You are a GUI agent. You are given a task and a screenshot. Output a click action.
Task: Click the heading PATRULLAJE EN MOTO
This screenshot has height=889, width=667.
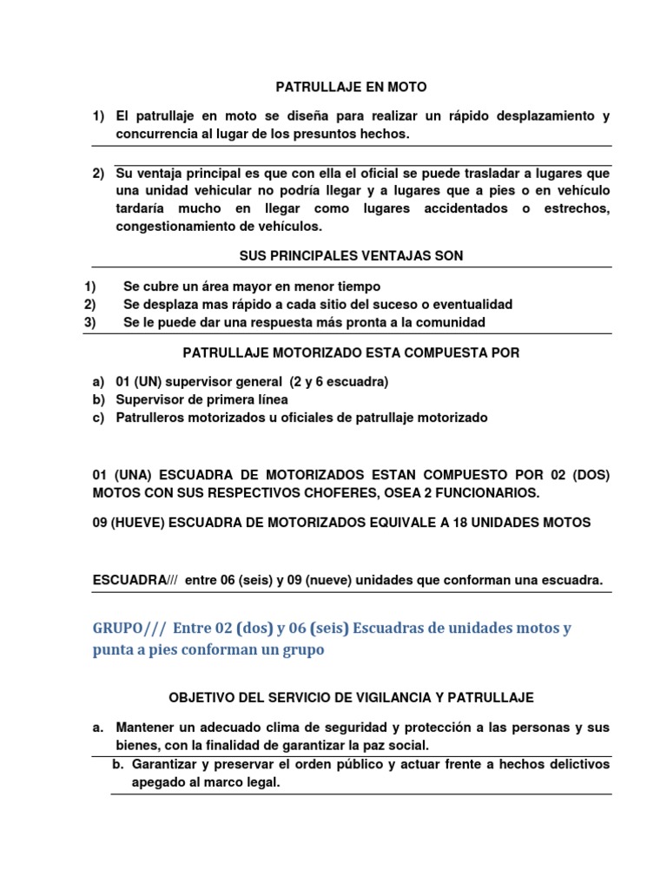pos(351,87)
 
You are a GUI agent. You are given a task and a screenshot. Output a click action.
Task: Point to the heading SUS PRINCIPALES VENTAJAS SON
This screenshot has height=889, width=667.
pos(351,255)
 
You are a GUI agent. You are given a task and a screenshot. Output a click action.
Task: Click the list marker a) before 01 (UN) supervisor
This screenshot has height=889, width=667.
pos(98,382)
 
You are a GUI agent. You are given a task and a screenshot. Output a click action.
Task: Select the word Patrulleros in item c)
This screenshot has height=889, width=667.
pos(149,418)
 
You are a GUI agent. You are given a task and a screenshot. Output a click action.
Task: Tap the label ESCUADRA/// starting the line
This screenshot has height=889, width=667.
pos(135,580)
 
